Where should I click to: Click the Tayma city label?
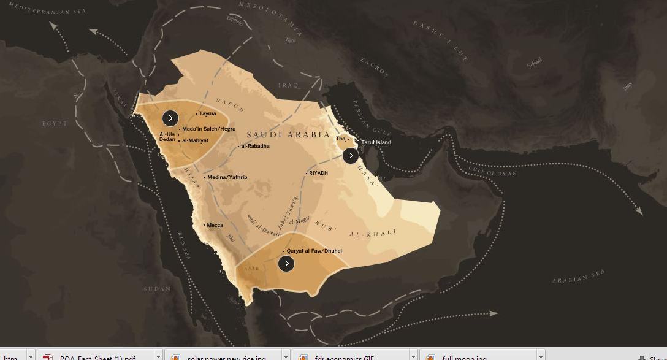207,113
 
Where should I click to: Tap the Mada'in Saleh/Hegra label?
208,129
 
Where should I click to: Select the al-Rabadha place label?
254,146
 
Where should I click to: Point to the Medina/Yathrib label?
227,177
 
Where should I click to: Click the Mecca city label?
215,225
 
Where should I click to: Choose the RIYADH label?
318,173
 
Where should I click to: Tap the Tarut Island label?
376,142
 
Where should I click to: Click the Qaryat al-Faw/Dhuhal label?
314,251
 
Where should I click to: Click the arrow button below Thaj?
350,156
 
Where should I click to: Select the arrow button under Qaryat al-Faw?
286,264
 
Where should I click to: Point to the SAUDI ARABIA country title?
288,134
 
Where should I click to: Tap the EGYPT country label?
55,123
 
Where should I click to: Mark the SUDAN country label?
157,289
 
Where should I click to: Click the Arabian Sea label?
578,277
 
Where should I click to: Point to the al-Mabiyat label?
194,140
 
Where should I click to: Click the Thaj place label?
341,139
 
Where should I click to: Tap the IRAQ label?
288,85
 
